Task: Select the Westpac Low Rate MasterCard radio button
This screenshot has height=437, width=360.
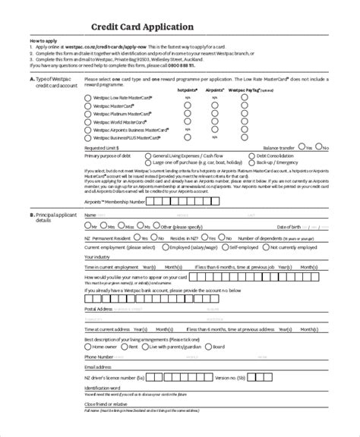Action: coord(87,96)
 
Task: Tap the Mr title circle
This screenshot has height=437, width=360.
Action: coord(87,226)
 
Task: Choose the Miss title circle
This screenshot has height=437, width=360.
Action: coord(122,226)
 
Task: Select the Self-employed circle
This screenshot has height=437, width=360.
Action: coord(226,247)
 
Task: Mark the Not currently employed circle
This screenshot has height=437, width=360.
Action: coord(267,247)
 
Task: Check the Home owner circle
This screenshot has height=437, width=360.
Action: coord(88,346)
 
